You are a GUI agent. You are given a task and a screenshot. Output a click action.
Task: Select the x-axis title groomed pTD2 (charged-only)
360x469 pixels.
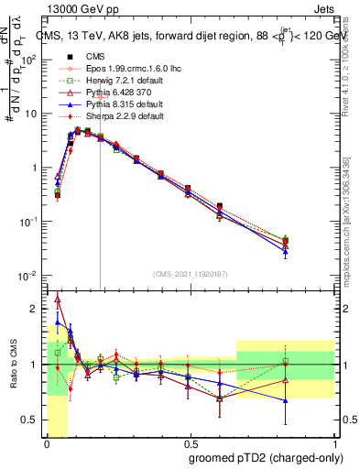pyautogui.click(x=266, y=457)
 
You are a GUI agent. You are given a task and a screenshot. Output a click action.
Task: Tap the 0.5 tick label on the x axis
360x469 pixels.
pyautogui.click(x=188, y=443)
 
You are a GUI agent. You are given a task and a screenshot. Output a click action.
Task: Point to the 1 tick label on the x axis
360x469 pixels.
pyautogui.click(x=333, y=443)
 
